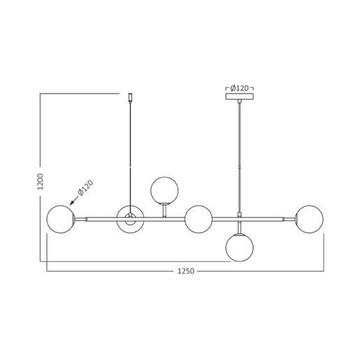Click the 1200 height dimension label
pyautogui.click(x=41, y=182)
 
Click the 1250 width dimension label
pyautogui.click(x=186, y=271)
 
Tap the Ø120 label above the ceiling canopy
pyautogui.click(x=239, y=88)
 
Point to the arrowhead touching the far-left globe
pyautogui.click(x=71, y=203)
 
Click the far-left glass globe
pyautogui.click(x=60, y=219)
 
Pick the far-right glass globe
pyautogui.click(x=309, y=219)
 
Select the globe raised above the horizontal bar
pyautogui.click(x=164, y=190)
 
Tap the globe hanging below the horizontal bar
pyautogui.click(x=239, y=247)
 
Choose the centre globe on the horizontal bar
pyautogui.click(x=199, y=219)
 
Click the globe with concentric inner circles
pyautogui.click(x=130, y=219)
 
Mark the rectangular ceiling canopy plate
pyautogui.click(x=239, y=96)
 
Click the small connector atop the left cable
pyautogui.click(x=130, y=96)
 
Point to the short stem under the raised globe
pyautogui.click(x=164, y=210)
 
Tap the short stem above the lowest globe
pyautogui.click(x=239, y=228)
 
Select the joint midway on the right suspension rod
pyautogui.click(x=239, y=168)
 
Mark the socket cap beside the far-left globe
pyautogui.click(x=76, y=219)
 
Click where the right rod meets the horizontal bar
pyautogui.click(x=239, y=215)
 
